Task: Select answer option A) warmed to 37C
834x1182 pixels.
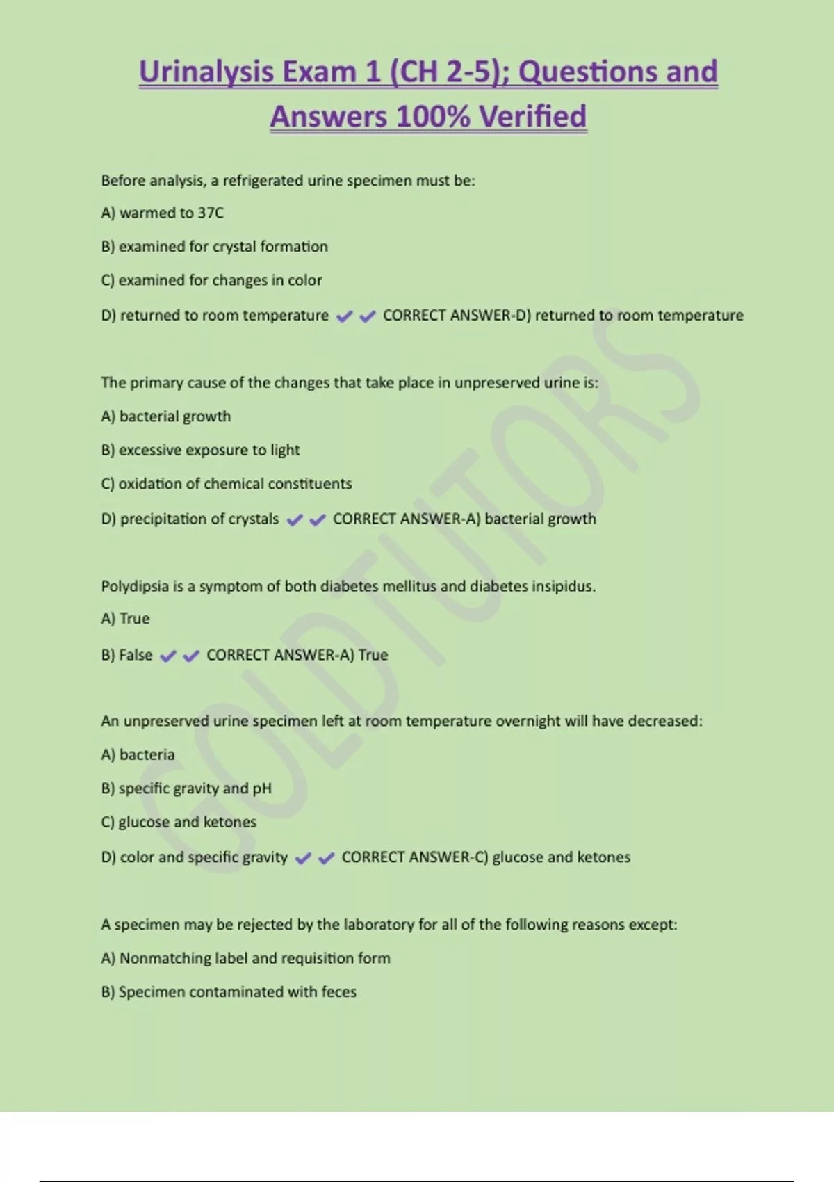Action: coord(162,213)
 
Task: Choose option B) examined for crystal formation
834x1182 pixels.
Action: coord(214,246)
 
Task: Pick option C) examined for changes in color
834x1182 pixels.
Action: coord(211,280)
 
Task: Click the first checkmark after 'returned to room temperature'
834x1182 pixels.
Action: coord(344,316)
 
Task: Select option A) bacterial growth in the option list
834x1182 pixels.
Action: coord(165,416)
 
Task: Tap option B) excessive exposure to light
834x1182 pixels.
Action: coord(200,450)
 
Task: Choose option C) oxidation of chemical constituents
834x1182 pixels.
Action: coord(226,483)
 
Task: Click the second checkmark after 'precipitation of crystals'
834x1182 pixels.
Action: coord(318,519)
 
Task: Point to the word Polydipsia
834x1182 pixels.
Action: coord(134,586)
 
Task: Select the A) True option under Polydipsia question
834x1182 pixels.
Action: coord(125,618)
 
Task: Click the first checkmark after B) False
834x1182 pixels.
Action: coord(167,656)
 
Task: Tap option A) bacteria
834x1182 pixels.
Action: coord(138,754)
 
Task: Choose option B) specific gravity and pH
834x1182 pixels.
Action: coord(186,788)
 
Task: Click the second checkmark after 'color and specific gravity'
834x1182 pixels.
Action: coord(326,858)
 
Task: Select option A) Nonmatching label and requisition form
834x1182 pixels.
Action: coord(245,958)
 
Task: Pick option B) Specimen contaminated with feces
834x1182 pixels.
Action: coord(228,991)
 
